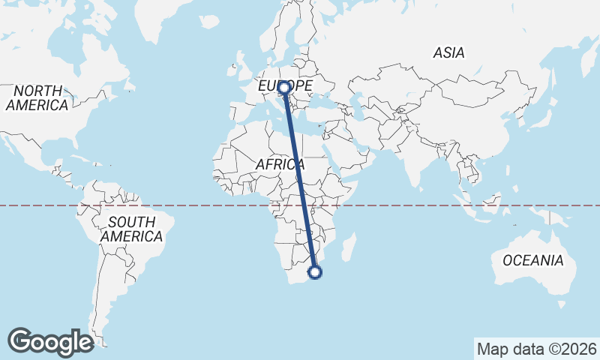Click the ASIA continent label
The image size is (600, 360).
(448, 52)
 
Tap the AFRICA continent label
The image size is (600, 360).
(279, 164)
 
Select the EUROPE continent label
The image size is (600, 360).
(285, 87)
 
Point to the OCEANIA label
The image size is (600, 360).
(532, 260)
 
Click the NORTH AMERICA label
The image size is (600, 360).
(37, 97)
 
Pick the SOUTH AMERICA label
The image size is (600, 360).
(131, 229)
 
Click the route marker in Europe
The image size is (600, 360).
(284, 88)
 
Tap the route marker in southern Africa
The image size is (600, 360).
(315, 272)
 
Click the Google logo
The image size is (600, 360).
(50, 341)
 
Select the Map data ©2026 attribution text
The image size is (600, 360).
(536, 349)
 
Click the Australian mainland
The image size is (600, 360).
(532, 251)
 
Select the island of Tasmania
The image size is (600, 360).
(561, 304)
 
